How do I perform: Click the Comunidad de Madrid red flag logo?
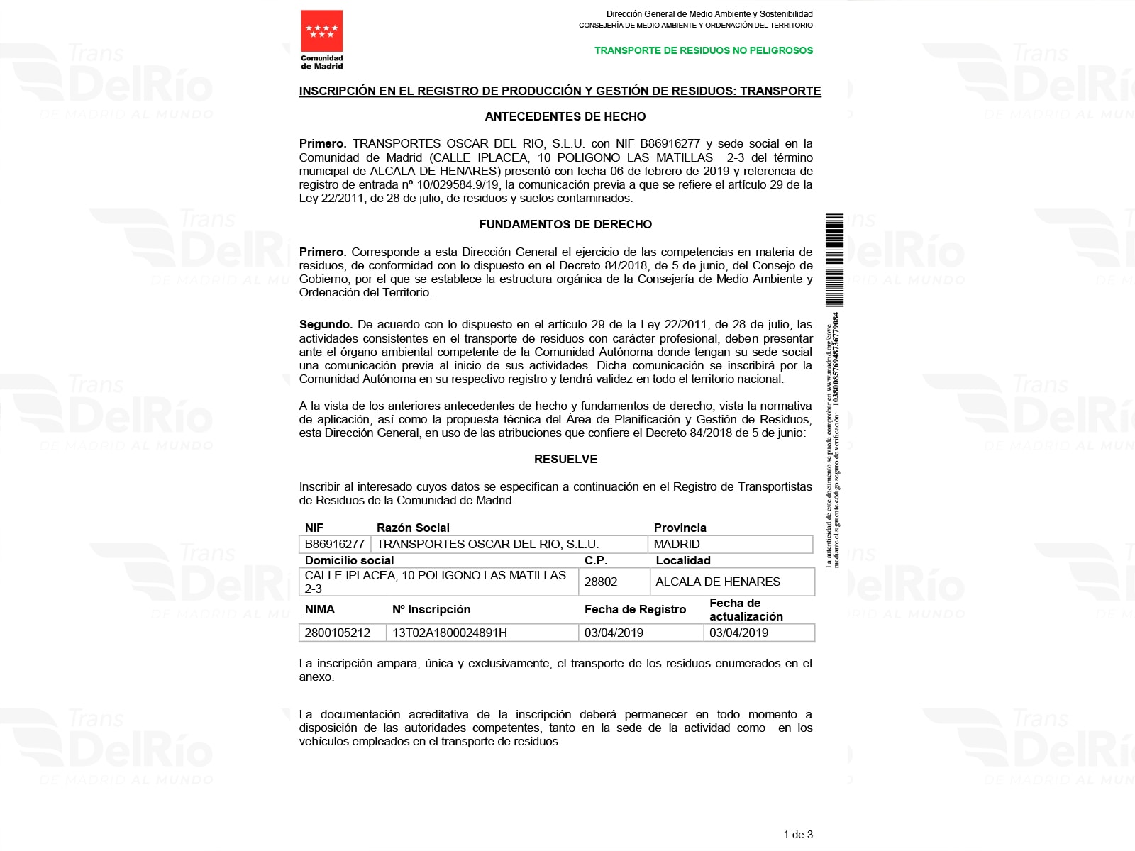click(x=321, y=31)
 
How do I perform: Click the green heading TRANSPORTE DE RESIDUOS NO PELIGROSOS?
click(x=703, y=50)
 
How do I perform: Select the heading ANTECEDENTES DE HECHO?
click(x=565, y=116)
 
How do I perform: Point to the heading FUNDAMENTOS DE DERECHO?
click(x=565, y=224)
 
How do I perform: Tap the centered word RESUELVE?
click(x=565, y=459)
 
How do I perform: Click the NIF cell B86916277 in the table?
click(x=334, y=544)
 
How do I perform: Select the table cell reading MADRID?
click(x=677, y=544)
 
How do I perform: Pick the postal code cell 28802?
click(x=601, y=582)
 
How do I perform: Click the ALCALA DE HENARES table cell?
click(x=718, y=582)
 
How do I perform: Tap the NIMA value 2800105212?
click(x=337, y=633)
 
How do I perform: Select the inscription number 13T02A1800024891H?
click(x=450, y=633)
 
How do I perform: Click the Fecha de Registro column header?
click(x=635, y=609)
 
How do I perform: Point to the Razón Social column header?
click(x=413, y=528)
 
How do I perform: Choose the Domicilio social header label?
click(x=349, y=560)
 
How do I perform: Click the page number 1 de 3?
click(x=798, y=835)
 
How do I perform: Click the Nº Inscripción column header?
click(x=431, y=609)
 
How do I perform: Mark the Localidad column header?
click(x=683, y=560)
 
